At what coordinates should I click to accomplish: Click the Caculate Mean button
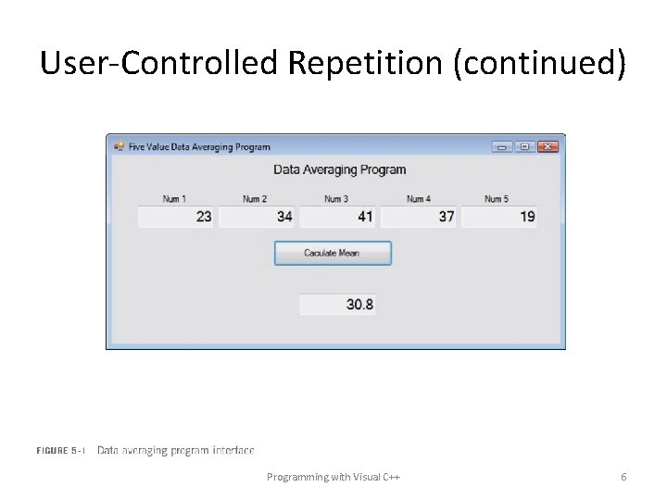tap(333, 253)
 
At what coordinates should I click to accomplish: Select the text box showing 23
tap(176, 217)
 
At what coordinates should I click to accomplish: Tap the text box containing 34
tap(257, 217)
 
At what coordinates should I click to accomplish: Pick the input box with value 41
tap(337, 217)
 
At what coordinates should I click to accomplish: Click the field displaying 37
tap(419, 217)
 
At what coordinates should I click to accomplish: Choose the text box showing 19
tap(499, 217)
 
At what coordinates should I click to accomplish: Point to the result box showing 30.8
tap(337, 305)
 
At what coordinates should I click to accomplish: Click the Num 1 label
tap(174, 199)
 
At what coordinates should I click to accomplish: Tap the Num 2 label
tap(255, 199)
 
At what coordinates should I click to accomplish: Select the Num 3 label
tap(336, 199)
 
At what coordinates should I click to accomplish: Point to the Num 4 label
tap(419, 199)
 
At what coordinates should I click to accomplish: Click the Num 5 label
tap(497, 199)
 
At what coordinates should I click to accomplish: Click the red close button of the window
tap(548, 146)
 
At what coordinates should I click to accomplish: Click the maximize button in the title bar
tap(525, 146)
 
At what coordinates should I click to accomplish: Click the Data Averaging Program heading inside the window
tap(339, 169)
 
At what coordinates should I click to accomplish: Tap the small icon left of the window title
tap(119, 146)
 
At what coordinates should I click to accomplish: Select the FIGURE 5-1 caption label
tap(61, 451)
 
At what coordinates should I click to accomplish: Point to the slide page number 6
tap(623, 477)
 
